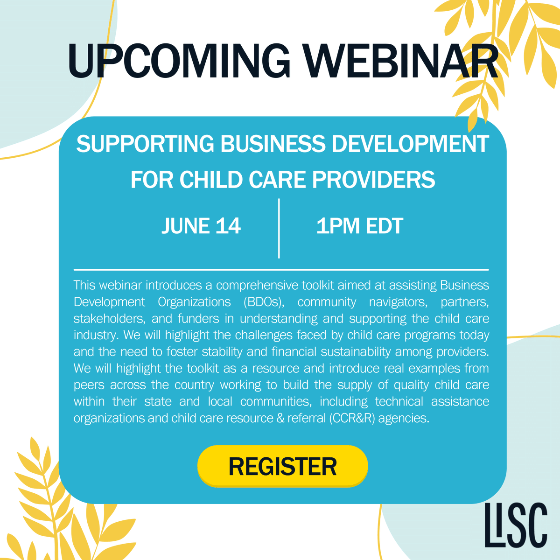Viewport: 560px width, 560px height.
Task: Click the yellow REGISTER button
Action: coord(282,466)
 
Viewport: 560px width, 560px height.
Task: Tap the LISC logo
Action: coord(516,525)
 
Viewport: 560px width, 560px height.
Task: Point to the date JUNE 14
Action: coord(201,226)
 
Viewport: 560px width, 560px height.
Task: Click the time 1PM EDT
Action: coord(359,226)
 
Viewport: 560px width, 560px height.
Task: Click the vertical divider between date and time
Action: coord(279,228)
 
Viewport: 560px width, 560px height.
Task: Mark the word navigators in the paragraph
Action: coord(398,302)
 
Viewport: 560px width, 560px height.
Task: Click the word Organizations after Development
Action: coord(194,302)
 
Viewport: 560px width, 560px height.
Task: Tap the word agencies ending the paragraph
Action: coord(403,418)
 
